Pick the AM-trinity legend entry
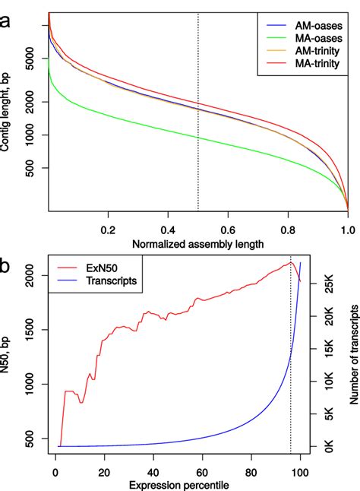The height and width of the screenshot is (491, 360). (x=304, y=50)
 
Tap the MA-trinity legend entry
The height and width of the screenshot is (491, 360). (x=304, y=63)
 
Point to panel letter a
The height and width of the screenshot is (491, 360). (x=7, y=20)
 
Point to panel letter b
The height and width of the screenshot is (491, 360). (x=7, y=268)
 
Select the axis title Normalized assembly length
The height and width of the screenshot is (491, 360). (x=197, y=244)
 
